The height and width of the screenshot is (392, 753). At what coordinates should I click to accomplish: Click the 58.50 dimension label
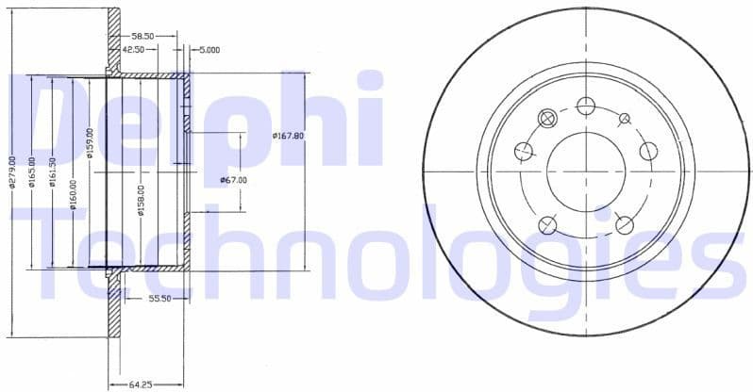[x=143, y=35]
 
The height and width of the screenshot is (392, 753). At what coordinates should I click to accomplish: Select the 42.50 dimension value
[x=133, y=49]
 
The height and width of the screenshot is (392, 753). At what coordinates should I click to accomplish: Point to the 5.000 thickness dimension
[x=209, y=49]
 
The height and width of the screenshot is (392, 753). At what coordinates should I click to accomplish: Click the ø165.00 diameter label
[x=31, y=172]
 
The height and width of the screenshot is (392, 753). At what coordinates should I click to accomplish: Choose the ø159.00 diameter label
[x=91, y=143]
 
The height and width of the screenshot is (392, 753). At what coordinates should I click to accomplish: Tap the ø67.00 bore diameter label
[x=233, y=180]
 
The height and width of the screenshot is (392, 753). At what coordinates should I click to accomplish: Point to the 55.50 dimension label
[x=159, y=299]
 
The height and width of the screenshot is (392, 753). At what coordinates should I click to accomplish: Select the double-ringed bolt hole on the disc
[x=546, y=117]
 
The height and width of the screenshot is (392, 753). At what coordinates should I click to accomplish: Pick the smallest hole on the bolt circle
[x=624, y=118]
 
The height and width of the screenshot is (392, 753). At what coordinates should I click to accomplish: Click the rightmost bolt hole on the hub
[x=647, y=151]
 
